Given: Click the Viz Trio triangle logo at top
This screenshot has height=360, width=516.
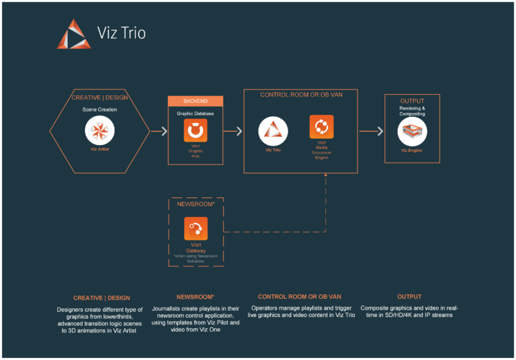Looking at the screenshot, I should click(x=73, y=34).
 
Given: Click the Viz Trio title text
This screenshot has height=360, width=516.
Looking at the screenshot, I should click(x=121, y=33).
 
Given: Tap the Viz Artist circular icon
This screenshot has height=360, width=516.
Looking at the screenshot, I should click(x=99, y=130).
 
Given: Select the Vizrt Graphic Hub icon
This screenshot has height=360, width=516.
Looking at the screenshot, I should click(x=196, y=130).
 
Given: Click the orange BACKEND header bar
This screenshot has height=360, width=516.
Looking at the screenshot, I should click(x=196, y=101).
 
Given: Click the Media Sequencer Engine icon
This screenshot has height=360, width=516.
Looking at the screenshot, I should click(x=321, y=127).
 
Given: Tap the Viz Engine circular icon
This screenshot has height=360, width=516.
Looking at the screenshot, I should click(x=412, y=132).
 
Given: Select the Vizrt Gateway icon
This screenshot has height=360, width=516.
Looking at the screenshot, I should click(x=196, y=229).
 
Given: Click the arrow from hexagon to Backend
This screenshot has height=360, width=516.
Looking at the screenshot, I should click(x=159, y=132).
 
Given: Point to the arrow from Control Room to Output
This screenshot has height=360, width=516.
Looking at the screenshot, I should click(x=371, y=132).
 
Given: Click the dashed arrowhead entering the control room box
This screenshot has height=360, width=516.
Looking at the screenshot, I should click(x=326, y=177).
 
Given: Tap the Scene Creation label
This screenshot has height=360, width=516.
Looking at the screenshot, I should click(x=99, y=109).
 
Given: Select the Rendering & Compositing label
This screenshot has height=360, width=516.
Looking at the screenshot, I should click(x=412, y=111).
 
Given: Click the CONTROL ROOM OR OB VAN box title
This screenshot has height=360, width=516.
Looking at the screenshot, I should click(x=301, y=95).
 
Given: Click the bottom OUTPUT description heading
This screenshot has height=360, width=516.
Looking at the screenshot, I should click(x=409, y=296).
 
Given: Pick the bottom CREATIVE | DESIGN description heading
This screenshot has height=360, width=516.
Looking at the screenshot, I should click(x=101, y=298).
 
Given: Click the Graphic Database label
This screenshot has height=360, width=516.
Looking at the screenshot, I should click(x=196, y=114).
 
